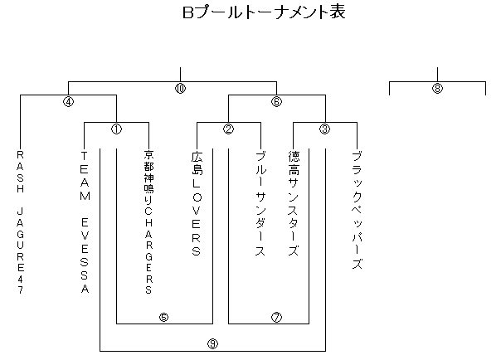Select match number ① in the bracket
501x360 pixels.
tap(116, 129)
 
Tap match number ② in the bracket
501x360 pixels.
tap(228, 129)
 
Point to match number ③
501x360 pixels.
tap(324, 129)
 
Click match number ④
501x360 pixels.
tap(68, 103)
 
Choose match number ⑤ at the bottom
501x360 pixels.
tap(163, 317)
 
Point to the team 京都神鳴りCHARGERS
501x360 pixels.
tap(148, 222)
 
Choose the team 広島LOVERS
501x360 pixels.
tap(197, 202)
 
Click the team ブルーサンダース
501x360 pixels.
tap(260, 204)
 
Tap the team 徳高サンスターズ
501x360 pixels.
tap(293, 202)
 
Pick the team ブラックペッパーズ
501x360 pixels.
tap(357, 210)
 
